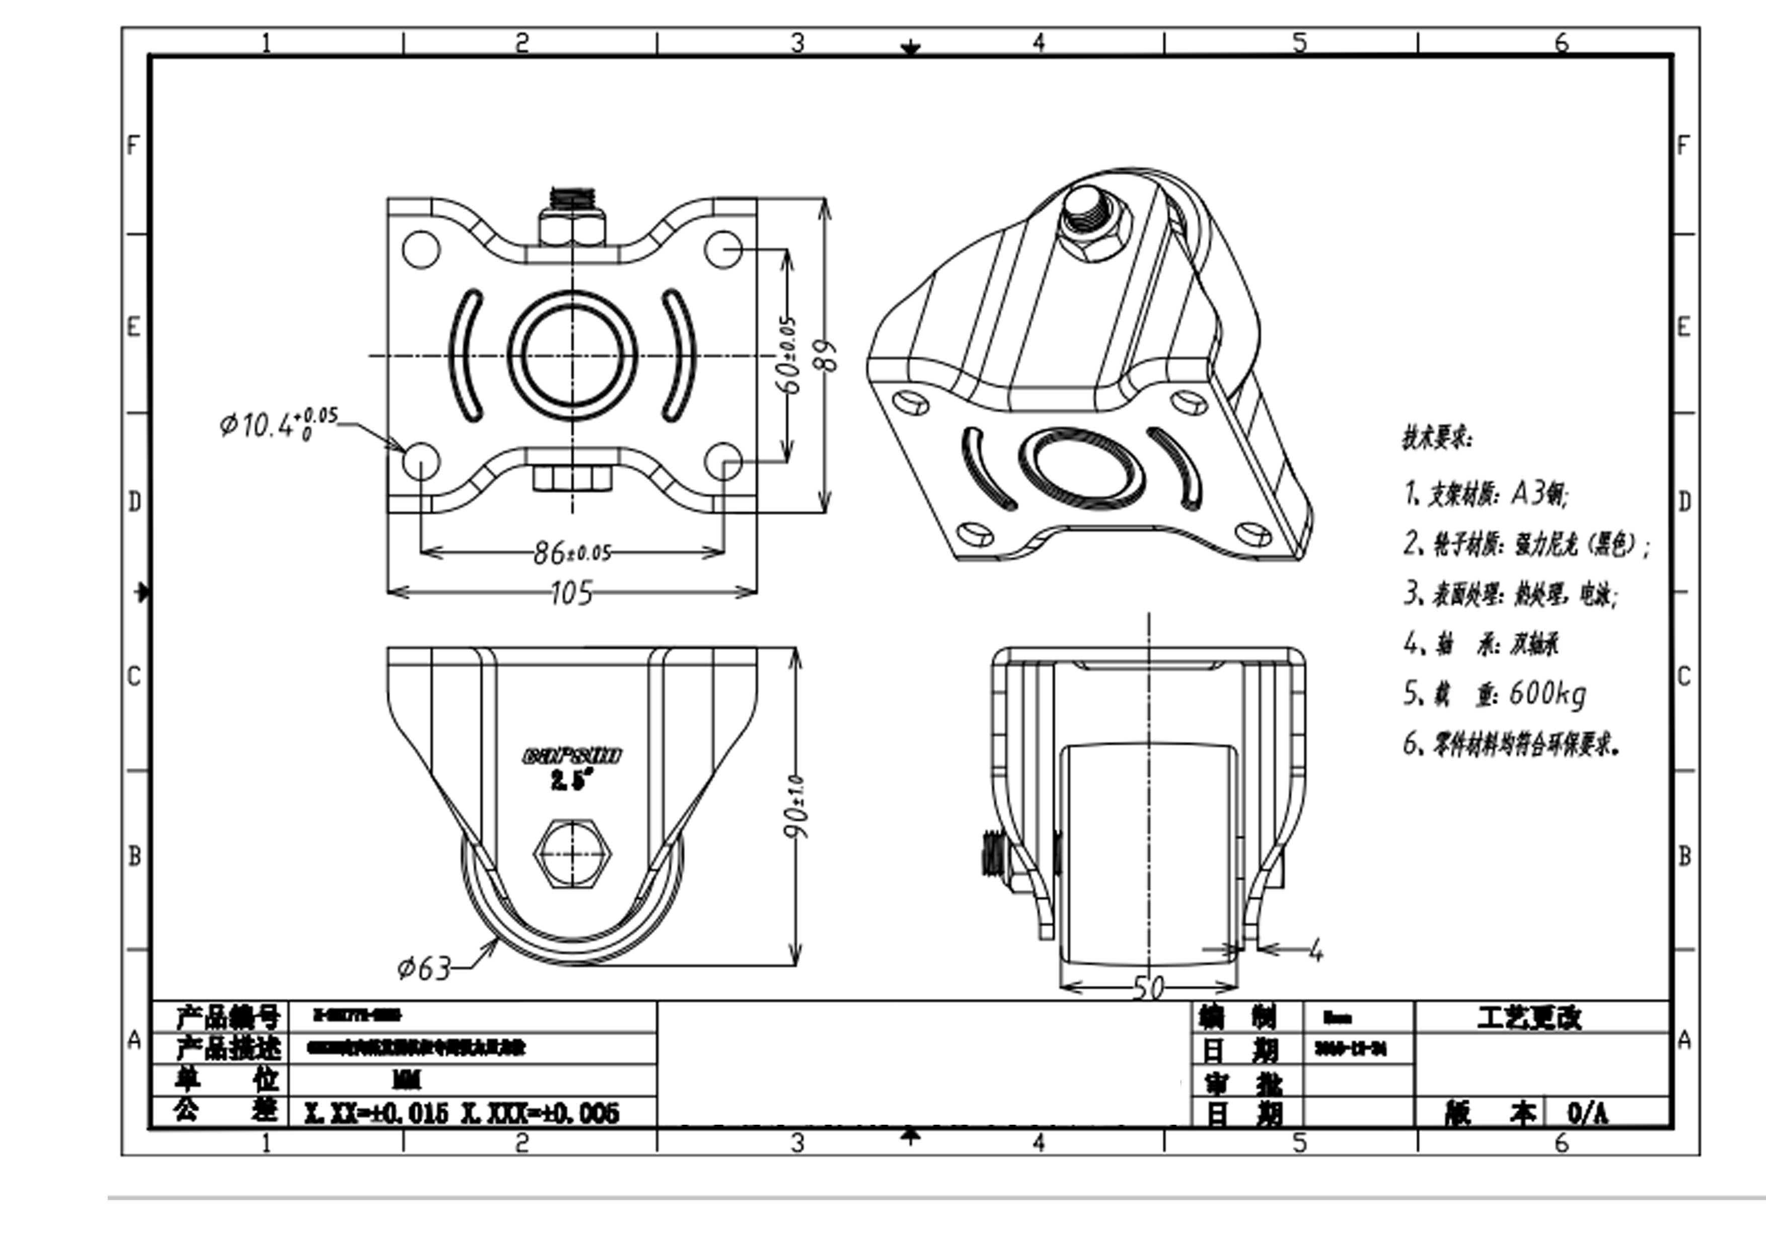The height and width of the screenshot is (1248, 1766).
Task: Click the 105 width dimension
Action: (x=572, y=593)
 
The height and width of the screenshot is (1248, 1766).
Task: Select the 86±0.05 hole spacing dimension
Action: (x=572, y=552)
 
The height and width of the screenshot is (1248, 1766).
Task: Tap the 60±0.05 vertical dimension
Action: (x=789, y=355)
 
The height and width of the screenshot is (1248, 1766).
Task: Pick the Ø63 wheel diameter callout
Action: (x=424, y=967)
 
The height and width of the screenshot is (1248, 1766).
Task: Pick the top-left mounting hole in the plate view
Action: (x=421, y=251)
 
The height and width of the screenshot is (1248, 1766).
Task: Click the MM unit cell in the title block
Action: (x=406, y=1081)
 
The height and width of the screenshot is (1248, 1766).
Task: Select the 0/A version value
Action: (x=1588, y=1113)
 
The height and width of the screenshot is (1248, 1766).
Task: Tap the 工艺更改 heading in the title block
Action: (x=1529, y=1018)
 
